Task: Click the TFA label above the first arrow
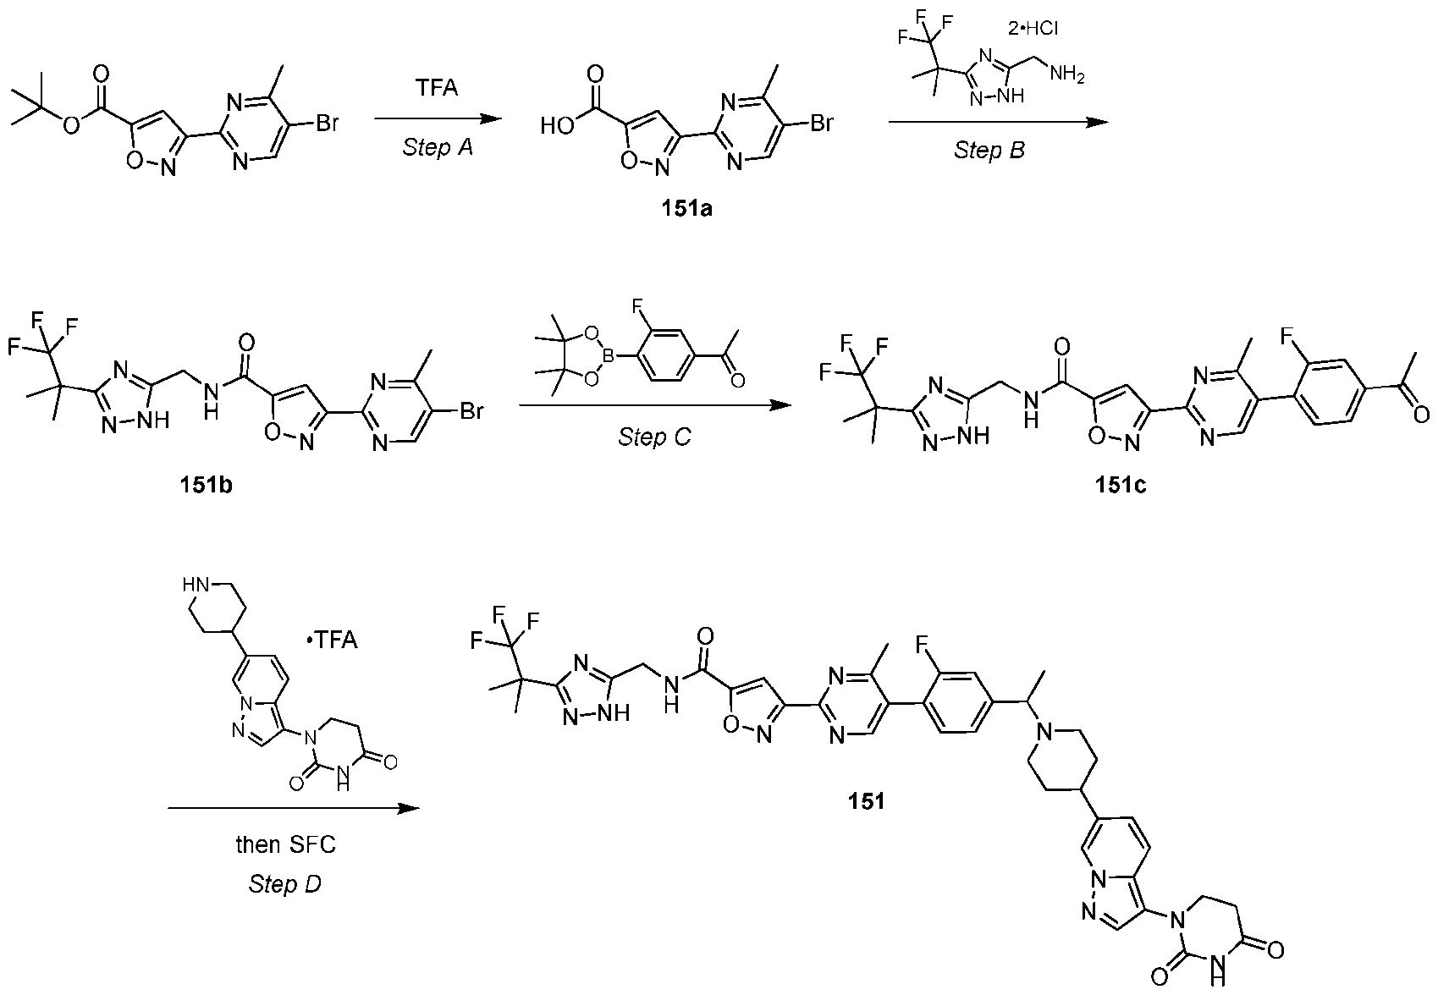(437, 86)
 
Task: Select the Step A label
(438, 148)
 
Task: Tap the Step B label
(989, 151)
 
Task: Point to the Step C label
(655, 437)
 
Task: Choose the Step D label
(285, 884)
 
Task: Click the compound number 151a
(687, 209)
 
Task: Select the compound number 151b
(206, 485)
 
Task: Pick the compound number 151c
(1121, 485)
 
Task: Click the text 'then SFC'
(286, 844)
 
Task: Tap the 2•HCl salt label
(1033, 28)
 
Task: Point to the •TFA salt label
(332, 640)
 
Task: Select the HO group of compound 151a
(557, 126)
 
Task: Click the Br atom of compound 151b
(471, 411)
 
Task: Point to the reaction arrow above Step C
(655, 405)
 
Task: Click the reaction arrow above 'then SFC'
(294, 808)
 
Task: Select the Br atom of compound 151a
(822, 122)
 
